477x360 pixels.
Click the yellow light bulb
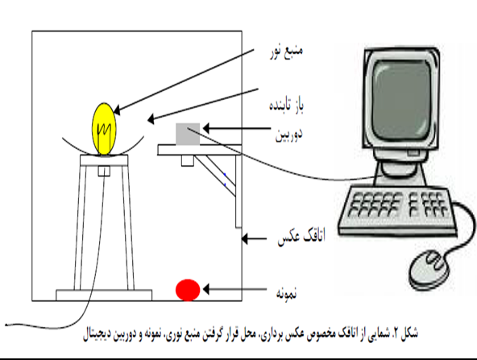click(104, 130)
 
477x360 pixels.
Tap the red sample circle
click(188, 290)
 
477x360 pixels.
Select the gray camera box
click(188, 134)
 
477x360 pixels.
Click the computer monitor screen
click(401, 99)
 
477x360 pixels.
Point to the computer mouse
click(429, 268)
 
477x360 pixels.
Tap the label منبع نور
click(286, 52)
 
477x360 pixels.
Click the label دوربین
click(288, 134)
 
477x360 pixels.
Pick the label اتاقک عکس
click(301, 236)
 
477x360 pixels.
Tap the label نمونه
click(286, 293)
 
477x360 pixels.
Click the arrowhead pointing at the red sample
click(206, 289)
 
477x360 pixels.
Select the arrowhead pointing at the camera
click(206, 128)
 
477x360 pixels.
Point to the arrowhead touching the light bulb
click(117, 110)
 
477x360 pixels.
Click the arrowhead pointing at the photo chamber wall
click(245, 238)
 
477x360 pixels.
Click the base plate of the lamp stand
click(104, 295)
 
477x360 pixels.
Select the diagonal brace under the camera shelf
click(215, 176)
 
